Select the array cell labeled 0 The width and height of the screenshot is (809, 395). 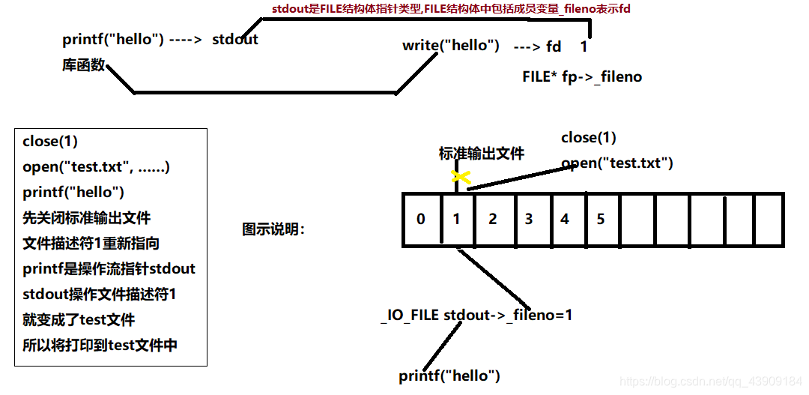coord(421,220)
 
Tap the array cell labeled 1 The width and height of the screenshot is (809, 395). coord(456,220)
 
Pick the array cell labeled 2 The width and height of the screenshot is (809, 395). coord(492,220)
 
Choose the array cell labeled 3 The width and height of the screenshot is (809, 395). coord(529,220)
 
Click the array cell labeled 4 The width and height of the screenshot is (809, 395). coord(565,220)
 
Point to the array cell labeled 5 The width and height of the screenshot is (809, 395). coord(601,220)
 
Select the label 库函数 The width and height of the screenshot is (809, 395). coord(84,65)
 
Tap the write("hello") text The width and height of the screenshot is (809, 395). coord(451,46)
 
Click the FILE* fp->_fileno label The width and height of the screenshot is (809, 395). coord(582,76)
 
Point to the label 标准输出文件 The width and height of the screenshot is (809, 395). coord(482,154)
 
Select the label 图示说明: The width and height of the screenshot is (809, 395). coord(273,229)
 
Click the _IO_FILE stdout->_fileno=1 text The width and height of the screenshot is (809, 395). coord(476,315)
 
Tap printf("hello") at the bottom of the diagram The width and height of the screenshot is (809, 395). coord(449,376)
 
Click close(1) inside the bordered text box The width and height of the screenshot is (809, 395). coord(50,141)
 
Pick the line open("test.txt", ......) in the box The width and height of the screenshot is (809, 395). coord(97,166)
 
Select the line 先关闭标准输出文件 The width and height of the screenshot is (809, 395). coord(86,217)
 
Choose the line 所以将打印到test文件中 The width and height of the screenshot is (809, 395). coord(100,345)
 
